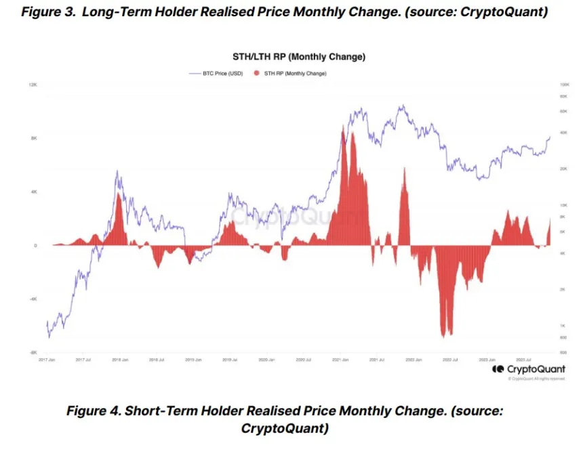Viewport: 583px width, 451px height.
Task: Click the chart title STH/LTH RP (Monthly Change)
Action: [x=294, y=57]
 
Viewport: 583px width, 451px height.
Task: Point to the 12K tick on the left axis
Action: [x=32, y=85]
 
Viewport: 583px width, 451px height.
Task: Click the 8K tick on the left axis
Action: [x=33, y=138]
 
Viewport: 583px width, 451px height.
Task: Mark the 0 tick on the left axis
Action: [x=35, y=246]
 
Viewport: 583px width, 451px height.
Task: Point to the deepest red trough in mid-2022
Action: [x=444, y=335]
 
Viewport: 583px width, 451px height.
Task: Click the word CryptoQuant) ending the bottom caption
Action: [x=285, y=428]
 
